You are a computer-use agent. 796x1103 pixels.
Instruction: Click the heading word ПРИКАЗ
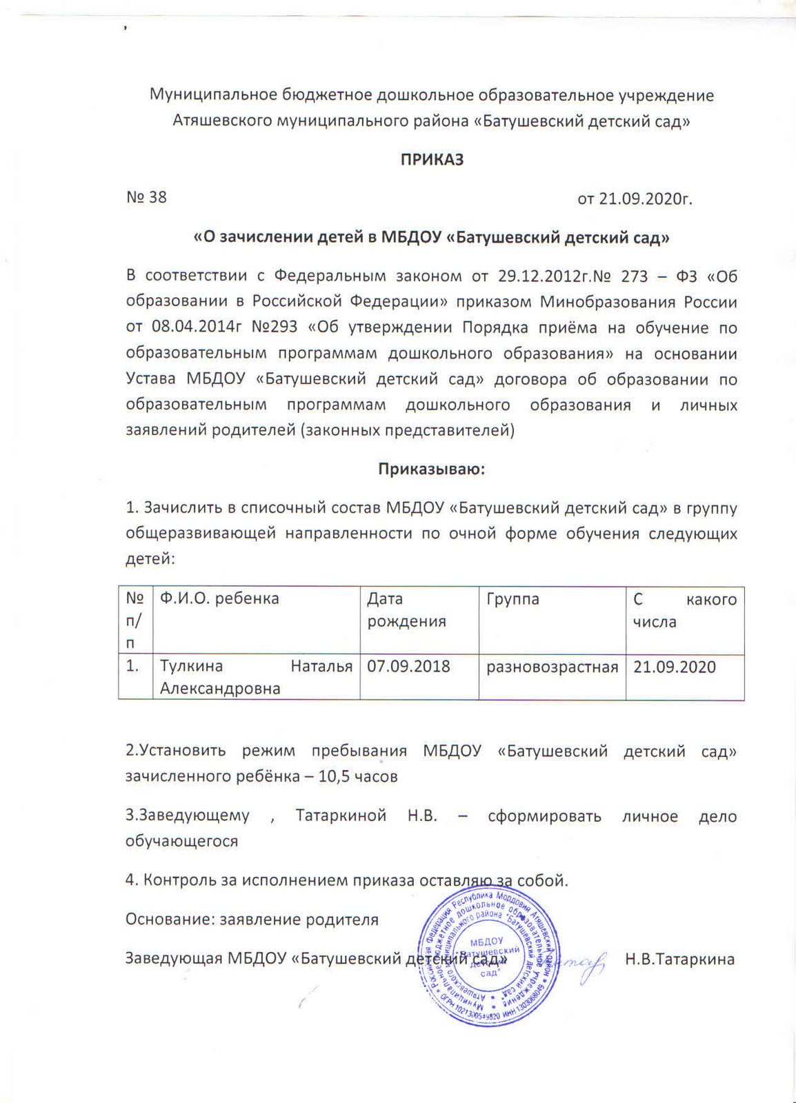point(432,160)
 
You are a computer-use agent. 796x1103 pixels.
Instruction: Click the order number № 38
point(146,198)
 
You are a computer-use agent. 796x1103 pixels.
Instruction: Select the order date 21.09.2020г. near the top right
point(635,199)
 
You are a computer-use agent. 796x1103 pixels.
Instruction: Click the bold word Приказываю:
point(432,469)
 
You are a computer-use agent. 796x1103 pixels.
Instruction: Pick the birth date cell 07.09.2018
point(408,667)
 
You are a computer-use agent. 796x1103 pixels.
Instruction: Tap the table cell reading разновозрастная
point(552,667)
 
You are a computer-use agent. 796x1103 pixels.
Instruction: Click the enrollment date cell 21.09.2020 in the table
point(675,667)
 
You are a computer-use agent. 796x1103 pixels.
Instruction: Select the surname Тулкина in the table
point(191,667)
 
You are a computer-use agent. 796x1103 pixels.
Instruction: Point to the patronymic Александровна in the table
point(220,689)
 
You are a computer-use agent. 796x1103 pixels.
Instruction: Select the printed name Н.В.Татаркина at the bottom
point(679,959)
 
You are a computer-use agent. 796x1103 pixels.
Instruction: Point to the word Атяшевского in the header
point(221,121)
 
